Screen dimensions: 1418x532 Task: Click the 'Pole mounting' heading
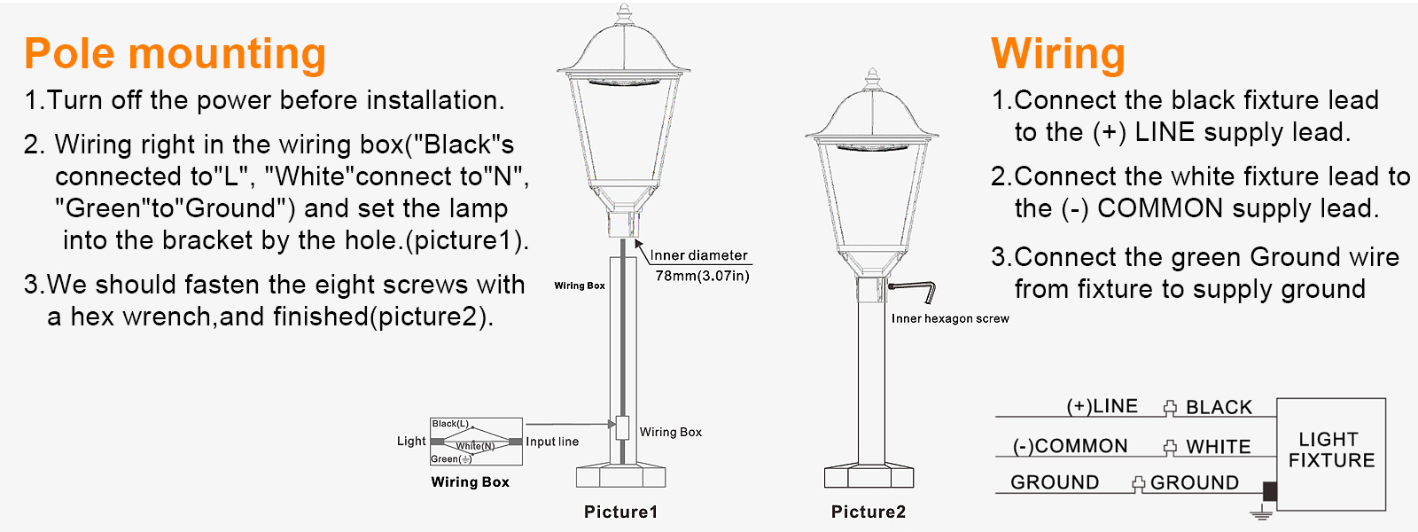175,54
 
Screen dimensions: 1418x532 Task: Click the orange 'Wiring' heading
1058,54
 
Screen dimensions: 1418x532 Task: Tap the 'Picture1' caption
620,512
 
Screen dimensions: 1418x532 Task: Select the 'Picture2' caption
868,512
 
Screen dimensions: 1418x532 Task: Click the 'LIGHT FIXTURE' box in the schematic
1330,453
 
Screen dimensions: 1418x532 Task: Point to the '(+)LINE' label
1102,406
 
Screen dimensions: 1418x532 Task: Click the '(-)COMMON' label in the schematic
1070,446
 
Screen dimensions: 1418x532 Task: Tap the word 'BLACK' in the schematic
1219,407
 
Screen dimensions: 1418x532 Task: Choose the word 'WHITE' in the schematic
1218,447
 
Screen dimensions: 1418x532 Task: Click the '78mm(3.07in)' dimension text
702,276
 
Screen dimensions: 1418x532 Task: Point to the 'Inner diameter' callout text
699,255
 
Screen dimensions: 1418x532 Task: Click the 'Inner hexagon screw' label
950,318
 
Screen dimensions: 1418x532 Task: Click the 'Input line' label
552,442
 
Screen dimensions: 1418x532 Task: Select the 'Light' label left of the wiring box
411,441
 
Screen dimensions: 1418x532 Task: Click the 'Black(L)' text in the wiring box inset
450,424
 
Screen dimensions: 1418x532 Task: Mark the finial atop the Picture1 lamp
624,14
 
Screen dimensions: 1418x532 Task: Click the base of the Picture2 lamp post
869,476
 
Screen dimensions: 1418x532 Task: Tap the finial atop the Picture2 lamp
872,78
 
